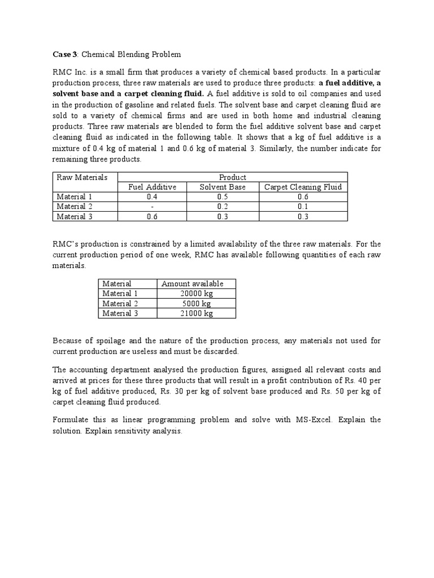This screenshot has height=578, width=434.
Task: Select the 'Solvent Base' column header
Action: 223,187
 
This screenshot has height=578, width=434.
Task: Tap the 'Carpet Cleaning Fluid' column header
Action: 303,187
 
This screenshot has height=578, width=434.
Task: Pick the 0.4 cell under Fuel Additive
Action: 153,196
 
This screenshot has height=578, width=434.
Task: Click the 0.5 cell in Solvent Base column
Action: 223,196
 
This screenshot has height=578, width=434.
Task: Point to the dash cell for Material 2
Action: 153,207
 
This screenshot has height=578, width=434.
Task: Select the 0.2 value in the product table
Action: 223,207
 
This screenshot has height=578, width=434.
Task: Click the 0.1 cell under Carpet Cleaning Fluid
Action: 303,207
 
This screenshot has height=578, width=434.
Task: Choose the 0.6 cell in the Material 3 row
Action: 153,216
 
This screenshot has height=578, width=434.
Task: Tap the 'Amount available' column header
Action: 192,283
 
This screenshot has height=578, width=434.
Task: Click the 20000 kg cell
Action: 196,294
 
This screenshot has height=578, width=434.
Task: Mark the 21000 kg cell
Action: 196,313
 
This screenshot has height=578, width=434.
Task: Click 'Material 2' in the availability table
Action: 120,304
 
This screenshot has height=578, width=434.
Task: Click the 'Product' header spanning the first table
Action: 232,177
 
